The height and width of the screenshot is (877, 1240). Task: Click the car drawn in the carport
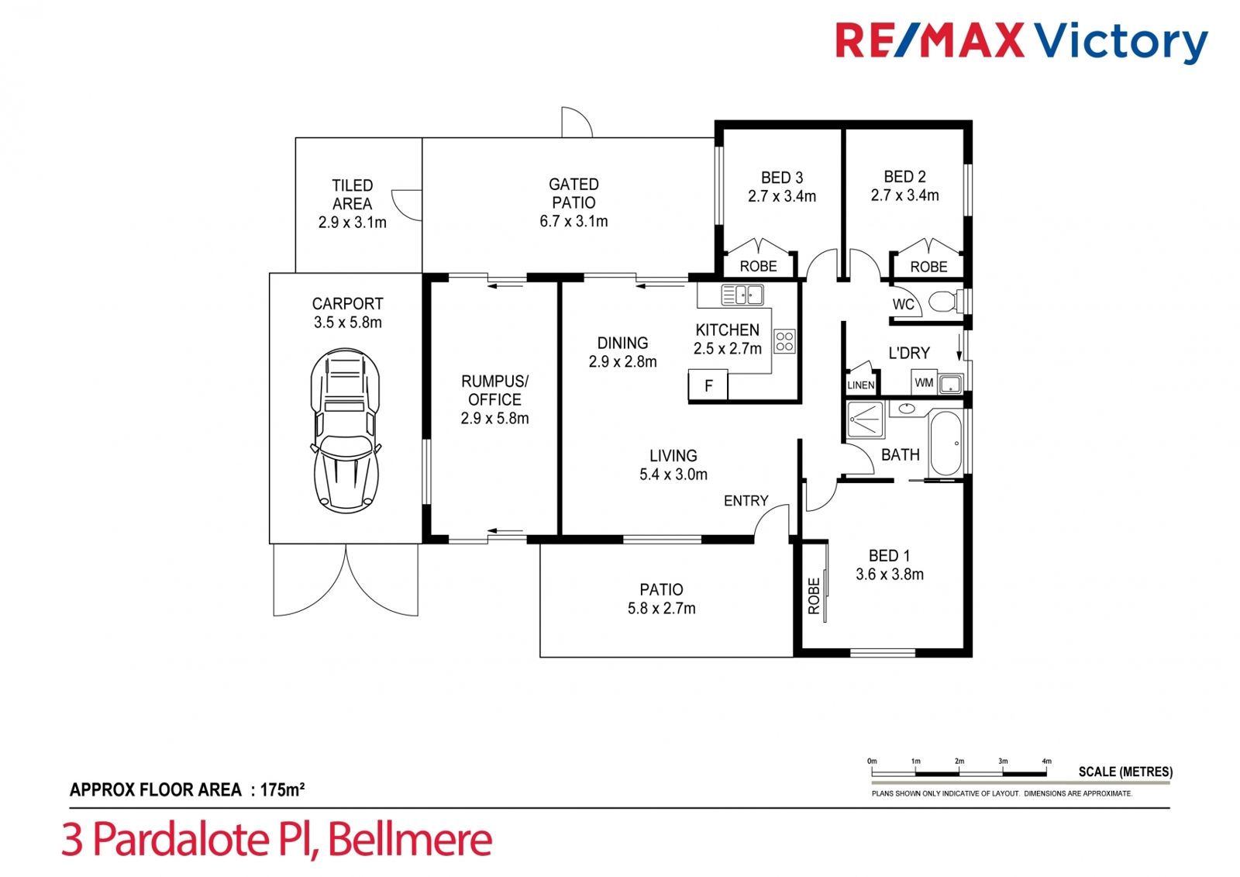(x=346, y=430)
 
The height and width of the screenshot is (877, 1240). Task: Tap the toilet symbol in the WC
(x=948, y=302)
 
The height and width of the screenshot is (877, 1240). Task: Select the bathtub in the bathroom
(x=946, y=444)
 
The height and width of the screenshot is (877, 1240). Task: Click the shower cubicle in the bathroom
(x=866, y=420)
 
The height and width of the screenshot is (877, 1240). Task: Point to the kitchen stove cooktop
(x=784, y=341)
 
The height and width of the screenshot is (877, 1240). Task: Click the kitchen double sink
(x=742, y=295)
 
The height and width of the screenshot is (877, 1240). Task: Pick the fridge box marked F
(x=708, y=385)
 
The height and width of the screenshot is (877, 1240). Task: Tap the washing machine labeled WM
(x=924, y=382)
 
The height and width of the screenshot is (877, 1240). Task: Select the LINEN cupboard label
(x=861, y=385)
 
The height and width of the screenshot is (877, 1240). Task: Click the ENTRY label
(x=746, y=501)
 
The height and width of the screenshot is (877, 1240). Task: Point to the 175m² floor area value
(x=282, y=789)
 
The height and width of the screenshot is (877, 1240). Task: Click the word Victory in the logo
(x=1121, y=42)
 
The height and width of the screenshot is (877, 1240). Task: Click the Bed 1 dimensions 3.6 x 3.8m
(x=890, y=574)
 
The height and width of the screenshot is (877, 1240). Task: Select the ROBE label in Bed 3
(x=759, y=267)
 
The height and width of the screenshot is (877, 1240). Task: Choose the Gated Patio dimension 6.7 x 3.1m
(x=573, y=221)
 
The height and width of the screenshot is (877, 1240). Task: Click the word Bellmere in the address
(x=410, y=839)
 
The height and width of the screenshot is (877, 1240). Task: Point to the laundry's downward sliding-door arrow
(x=959, y=347)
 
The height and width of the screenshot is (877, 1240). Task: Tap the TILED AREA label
(x=352, y=195)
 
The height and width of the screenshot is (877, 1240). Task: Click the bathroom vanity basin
(x=906, y=409)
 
